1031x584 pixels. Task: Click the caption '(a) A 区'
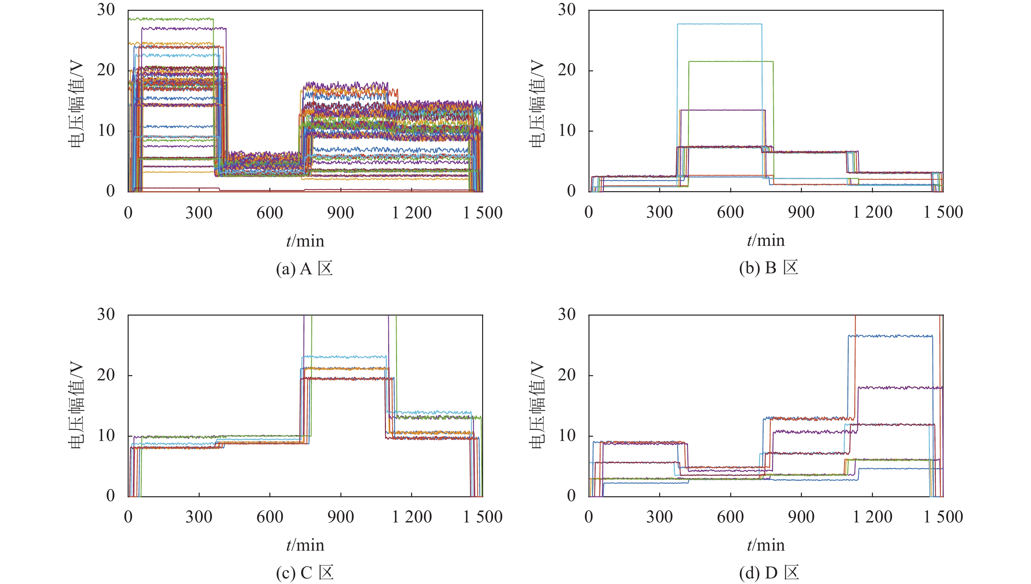(304, 268)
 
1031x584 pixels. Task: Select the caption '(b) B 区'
(768, 267)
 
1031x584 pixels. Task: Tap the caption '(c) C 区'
(305, 573)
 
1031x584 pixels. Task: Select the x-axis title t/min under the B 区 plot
(766, 240)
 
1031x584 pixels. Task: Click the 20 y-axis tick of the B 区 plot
(567, 70)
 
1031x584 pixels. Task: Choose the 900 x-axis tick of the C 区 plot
(340, 517)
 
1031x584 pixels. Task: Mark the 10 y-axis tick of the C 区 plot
(106, 436)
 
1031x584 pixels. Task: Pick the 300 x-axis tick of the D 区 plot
(659, 517)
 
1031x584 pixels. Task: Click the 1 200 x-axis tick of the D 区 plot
(872, 517)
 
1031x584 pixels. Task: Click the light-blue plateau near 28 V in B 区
(719, 24)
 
